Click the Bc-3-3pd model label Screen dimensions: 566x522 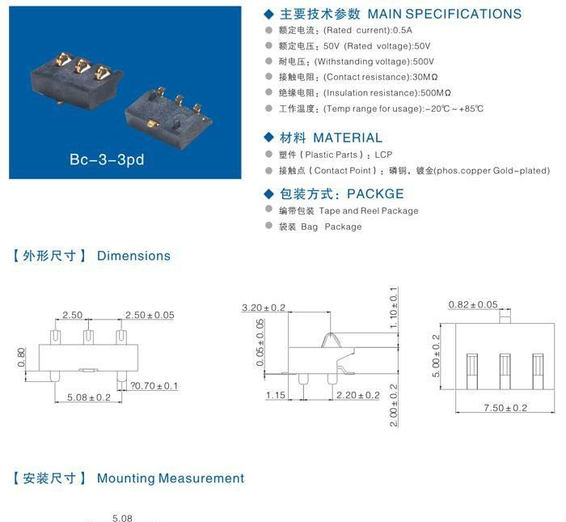tap(107, 159)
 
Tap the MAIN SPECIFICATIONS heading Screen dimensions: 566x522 tap(445, 14)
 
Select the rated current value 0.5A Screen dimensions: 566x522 tap(403, 30)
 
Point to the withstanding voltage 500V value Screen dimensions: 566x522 tap(424, 62)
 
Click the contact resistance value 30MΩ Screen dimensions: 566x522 tap(424, 77)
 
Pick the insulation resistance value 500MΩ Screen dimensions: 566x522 tap(436, 93)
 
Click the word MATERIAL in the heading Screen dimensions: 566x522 tap(348, 138)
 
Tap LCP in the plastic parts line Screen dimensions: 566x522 tap(383, 155)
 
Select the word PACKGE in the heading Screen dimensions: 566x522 tap(375, 193)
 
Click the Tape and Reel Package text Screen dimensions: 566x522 tap(369, 210)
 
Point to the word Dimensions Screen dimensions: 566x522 tap(133, 256)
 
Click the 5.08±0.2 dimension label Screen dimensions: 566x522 tap(89, 397)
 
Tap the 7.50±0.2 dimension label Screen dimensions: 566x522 tap(505, 408)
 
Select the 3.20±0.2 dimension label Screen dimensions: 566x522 tap(264, 308)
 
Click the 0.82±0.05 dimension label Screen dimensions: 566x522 tap(473, 304)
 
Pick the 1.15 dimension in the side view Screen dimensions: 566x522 tap(276, 395)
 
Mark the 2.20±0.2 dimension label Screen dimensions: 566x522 tap(357, 395)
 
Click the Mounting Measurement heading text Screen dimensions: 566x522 tap(171, 478)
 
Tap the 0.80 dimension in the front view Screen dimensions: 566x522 tap(21, 357)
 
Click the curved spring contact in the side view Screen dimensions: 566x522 tap(331, 340)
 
